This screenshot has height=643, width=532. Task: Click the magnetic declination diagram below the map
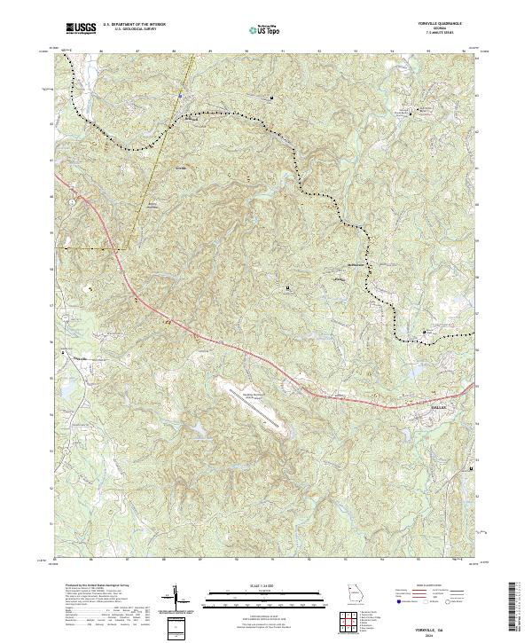click(176, 600)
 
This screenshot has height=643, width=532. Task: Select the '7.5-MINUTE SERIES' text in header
click(441, 35)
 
